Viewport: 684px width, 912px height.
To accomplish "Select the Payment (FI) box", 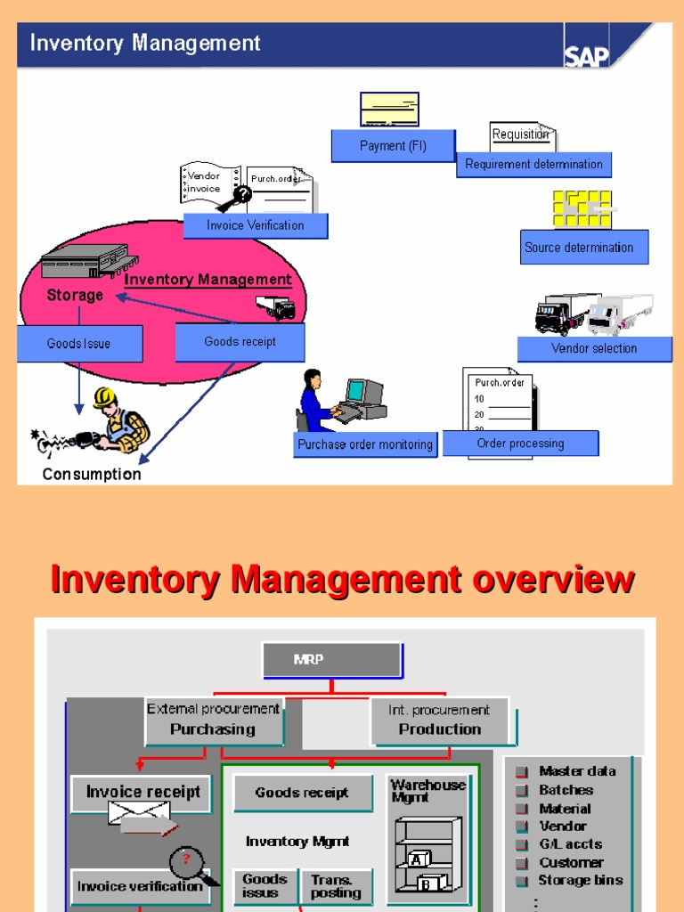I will coord(393,146).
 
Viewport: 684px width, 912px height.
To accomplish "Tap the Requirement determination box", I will coord(533,164).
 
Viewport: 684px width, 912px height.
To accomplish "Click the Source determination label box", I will coord(584,248).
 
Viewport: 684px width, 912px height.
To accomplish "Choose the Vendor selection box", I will coord(594,348).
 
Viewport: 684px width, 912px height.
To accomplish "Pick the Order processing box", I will coord(520,444).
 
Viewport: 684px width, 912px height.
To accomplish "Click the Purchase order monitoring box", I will coord(365,444).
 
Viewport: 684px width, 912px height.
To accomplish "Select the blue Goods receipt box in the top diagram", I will coord(240,342).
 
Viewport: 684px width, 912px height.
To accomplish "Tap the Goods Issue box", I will coord(79,344).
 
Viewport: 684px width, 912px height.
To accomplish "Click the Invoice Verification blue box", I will coord(256,225).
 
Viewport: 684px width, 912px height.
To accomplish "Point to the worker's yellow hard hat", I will coord(105,397).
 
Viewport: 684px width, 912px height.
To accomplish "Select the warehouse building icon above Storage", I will coord(85,262).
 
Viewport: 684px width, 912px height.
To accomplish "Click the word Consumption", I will coord(92,475).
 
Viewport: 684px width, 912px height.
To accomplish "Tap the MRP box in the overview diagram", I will coord(331,660).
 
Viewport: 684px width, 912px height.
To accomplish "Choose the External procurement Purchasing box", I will coord(214,721).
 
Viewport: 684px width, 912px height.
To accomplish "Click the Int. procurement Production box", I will coord(439,721).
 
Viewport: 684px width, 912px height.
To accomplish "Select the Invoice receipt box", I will coord(142,793).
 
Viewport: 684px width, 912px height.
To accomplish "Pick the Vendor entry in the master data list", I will coord(562,826).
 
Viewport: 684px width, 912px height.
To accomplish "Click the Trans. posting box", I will coord(336,886).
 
